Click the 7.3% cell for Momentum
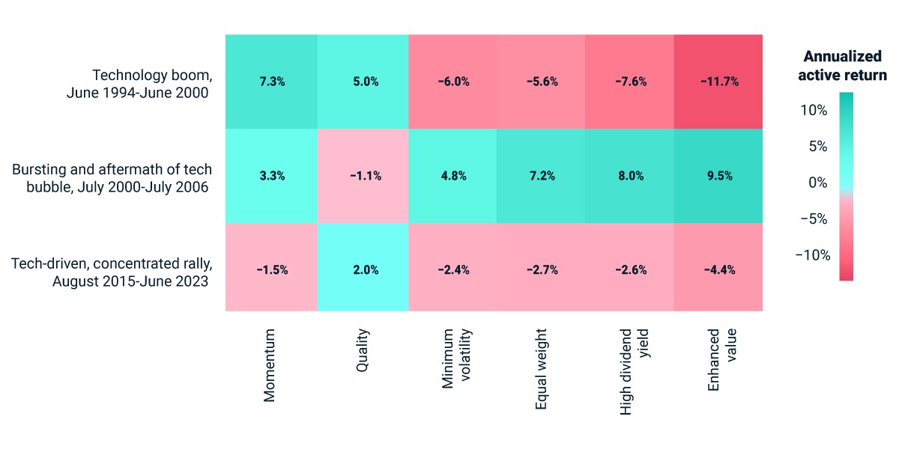[x=272, y=82]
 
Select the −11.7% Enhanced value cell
[x=718, y=82]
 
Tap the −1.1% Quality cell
[x=363, y=176]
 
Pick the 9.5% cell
[x=718, y=176]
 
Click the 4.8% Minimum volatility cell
[x=452, y=176]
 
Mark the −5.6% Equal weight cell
[x=541, y=82]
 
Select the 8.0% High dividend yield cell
[x=629, y=176]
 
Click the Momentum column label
[x=269, y=365]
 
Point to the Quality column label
[x=363, y=350]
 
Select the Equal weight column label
[x=541, y=369]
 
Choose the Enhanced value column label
[x=722, y=360]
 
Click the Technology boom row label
[x=139, y=84]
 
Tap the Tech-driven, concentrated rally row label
[x=112, y=272]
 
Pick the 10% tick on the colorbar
[x=814, y=110]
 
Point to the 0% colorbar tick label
[x=818, y=183]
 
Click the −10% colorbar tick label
[x=813, y=255]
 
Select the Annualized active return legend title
[x=842, y=66]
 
